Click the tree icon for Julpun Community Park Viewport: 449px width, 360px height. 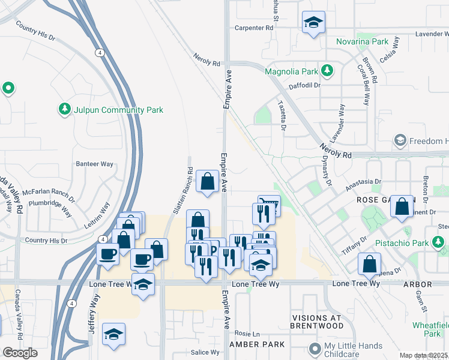point(64,110)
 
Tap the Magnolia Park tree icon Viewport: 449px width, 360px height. point(327,71)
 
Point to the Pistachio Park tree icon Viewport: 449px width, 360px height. point(439,242)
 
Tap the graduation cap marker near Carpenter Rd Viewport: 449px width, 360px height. point(313,23)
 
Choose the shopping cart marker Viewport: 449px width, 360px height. point(270,205)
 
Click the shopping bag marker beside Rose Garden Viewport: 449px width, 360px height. point(402,206)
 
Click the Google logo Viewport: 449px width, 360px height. point(20,353)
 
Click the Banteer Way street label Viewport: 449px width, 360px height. point(94,164)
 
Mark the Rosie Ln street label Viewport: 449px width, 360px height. point(247,334)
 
